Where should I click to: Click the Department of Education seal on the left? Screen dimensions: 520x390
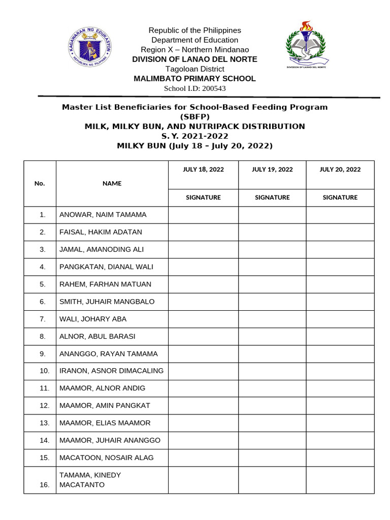click(x=90, y=47)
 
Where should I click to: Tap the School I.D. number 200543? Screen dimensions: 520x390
click(x=194, y=88)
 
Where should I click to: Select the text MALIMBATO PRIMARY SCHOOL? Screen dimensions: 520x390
click(x=194, y=79)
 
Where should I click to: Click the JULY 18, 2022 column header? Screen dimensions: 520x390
click(x=203, y=170)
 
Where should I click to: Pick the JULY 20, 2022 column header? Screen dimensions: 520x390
click(x=340, y=170)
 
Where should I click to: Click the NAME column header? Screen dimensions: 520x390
click(x=112, y=183)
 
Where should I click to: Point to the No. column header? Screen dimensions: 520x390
click(x=40, y=183)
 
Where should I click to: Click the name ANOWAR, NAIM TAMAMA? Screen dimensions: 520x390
click(x=103, y=215)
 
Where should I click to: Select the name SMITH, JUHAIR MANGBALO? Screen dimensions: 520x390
click(x=107, y=302)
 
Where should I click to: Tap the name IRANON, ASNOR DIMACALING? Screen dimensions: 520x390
click(x=112, y=371)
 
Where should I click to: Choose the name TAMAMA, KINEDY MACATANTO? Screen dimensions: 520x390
click(x=90, y=480)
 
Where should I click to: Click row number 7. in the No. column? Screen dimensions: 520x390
click(x=43, y=319)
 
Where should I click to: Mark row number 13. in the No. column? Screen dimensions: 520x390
click(x=44, y=423)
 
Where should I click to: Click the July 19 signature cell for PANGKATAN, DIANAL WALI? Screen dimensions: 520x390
click(x=272, y=267)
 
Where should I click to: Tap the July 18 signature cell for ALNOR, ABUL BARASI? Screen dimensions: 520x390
click(x=203, y=336)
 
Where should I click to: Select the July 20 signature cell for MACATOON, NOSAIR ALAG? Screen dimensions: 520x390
click(x=340, y=458)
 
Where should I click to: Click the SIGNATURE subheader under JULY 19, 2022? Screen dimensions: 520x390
click(x=272, y=198)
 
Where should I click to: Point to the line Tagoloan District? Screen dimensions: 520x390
click(x=194, y=69)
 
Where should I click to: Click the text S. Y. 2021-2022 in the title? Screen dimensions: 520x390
click(x=194, y=136)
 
